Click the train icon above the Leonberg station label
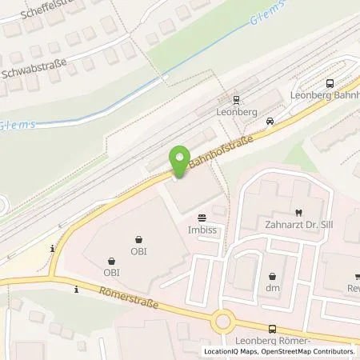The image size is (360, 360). click(x=236, y=100)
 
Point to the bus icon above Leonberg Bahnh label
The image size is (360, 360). click(x=330, y=83)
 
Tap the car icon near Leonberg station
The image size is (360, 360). click(x=270, y=122)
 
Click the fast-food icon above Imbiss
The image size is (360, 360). click(x=202, y=216)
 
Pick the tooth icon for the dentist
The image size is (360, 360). click(x=297, y=212)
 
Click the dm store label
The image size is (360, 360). click(x=273, y=288)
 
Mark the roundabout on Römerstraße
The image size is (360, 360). click(x=223, y=322)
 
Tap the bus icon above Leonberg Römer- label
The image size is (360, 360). click(x=274, y=328)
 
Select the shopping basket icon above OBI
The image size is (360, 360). click(x=139, y=238)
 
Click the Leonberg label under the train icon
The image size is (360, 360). click(x=236, y=112)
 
